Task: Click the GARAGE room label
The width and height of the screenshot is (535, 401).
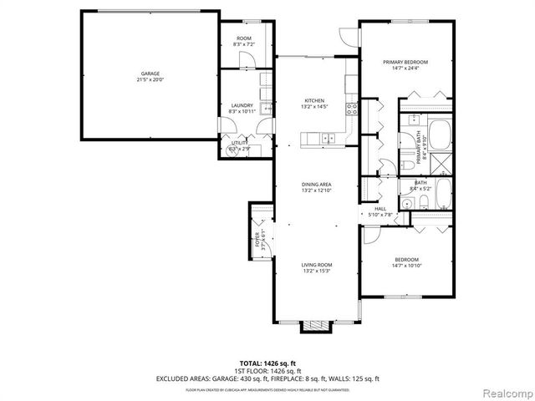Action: [x=150, y=74]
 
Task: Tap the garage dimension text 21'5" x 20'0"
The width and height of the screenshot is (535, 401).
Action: [x=150, y=80]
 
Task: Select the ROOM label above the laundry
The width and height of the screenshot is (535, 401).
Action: [x=244, y=38]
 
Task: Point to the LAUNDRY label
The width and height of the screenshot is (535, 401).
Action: [x=242, y=104]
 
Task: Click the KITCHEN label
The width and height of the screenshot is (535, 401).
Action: [x=313, y=100]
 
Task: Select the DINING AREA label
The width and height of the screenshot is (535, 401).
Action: [x=317, y=184]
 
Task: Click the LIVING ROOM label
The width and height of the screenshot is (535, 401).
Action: [x=317, y=264]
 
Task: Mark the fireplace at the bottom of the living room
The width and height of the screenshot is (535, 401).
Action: [x=317, y=325]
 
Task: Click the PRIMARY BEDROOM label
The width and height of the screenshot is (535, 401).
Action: [x=405, y=62]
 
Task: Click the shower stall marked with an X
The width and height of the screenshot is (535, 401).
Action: [x=441, y=164]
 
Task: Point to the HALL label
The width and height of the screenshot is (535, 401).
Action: [x=380, y=209]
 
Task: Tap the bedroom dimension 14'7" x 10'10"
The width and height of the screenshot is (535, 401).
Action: [x=406, y=266]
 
